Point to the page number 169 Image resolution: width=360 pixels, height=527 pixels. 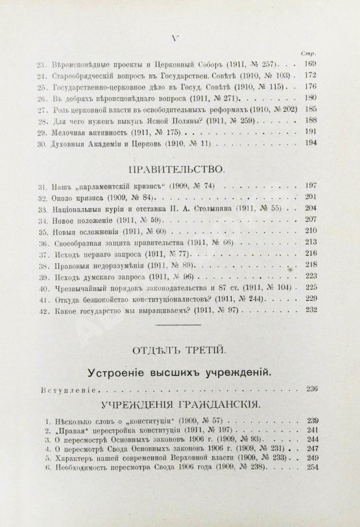[307, 64]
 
